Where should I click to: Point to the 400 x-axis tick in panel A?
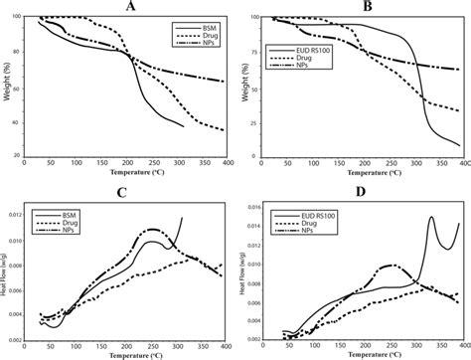click(x=226, y=164)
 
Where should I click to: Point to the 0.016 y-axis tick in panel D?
click(x=253, y=207)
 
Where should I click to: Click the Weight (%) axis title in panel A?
click(x=7, y=88)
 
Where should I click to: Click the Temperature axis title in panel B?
click(x=363, y=172)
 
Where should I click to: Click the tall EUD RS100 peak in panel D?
click(x=431, y=218)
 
